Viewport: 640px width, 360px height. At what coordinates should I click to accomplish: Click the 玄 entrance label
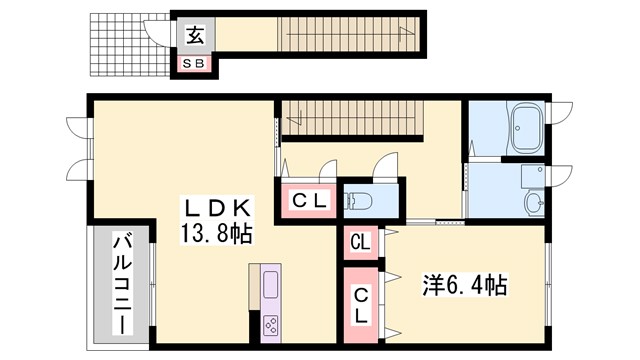coord(193,37)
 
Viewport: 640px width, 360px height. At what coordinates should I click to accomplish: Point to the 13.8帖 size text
coord(216,234)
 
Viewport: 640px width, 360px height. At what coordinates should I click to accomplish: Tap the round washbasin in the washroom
coord(534,206)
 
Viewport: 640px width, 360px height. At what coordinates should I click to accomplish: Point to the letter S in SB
coord(187,64)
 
